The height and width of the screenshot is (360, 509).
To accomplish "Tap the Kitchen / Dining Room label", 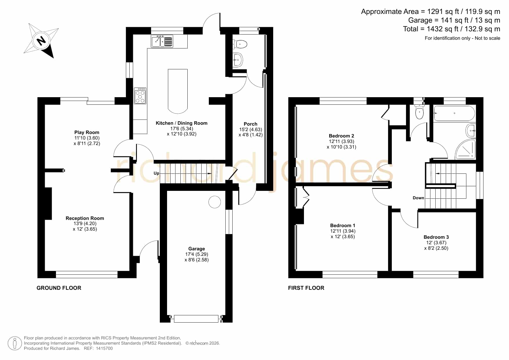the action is point(182,123).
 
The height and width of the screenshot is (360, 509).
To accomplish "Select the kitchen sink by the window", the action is point(162,41).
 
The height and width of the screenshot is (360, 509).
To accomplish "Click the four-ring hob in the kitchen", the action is point(140,96).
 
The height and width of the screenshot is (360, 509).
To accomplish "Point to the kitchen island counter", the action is point(178,91).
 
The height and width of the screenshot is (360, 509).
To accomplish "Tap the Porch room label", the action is point(251,124).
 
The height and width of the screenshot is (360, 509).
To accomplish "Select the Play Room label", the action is point(87,132).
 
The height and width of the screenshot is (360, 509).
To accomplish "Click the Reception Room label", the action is point(85,218).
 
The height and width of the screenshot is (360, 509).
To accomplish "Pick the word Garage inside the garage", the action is point(197,249).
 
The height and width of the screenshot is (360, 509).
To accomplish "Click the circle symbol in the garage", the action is point(215,202).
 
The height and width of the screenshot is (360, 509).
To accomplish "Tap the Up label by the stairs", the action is point(156,173).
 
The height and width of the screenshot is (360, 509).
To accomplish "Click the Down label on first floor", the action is point(418,198).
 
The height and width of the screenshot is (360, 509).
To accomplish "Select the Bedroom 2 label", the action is point(341,136).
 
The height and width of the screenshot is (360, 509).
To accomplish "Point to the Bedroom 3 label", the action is point(436,237).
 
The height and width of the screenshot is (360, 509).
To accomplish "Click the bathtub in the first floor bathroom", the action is point(454,113).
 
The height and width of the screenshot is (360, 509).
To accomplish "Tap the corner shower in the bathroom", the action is point(465,149).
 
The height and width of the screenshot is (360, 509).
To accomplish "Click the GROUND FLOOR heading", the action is point(59,288).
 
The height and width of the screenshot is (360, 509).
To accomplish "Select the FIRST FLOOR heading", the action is point(306,288).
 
